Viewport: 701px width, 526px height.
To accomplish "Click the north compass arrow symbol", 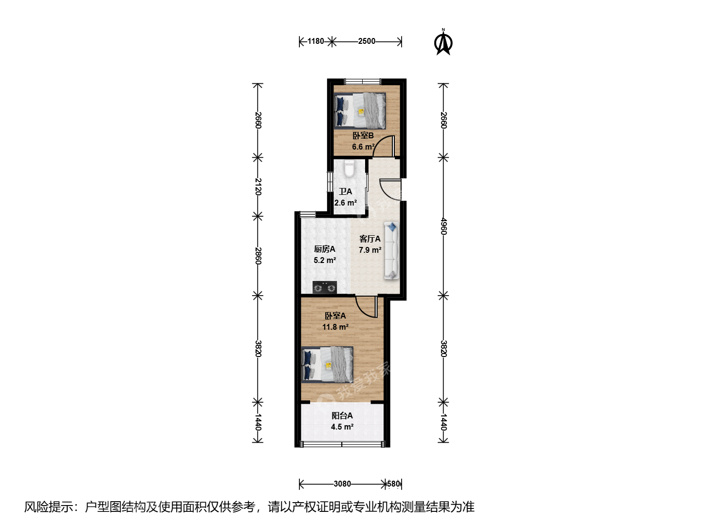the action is pos(443,42).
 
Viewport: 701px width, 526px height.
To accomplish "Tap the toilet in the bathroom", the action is pos(350,169).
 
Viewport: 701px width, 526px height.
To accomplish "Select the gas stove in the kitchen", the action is pos(325,287).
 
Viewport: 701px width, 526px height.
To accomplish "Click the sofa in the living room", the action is pos(391,251).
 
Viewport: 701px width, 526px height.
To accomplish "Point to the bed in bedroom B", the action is pos(360,111).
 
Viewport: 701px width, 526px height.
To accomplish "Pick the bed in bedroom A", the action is pos(327,364).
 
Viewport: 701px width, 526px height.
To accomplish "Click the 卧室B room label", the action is pos(363,136).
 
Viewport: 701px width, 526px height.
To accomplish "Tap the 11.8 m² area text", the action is pos(335,327).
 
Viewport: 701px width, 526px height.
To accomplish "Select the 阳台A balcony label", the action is pos(342,415).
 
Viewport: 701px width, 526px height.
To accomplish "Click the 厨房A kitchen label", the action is pos(325,249).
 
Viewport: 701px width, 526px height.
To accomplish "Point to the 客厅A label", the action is pos(370,239).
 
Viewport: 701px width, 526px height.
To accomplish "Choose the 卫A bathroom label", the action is pos(345,191).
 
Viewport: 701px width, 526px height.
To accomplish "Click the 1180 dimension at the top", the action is pos(315,41).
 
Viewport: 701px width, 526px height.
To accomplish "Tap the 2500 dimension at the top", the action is pos(367,41).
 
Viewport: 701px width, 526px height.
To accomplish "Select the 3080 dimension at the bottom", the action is pos(342,484).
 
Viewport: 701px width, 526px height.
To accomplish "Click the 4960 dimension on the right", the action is pos(443,226).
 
